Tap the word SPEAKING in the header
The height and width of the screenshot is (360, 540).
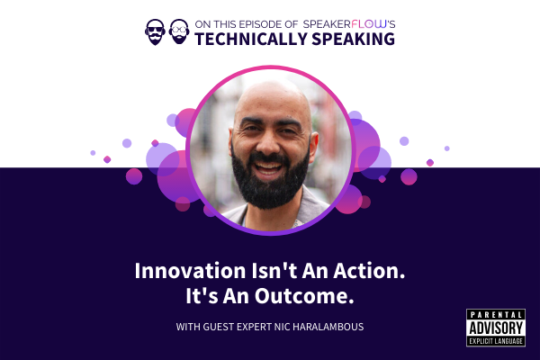point(354,39)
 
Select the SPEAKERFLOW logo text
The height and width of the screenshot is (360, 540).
point(345,24)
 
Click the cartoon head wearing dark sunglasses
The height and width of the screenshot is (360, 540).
point(155,32)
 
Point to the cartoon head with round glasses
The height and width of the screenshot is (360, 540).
point(179,31)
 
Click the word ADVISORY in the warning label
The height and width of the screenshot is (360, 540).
point(496,328)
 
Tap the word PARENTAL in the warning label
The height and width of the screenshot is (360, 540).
point(496,314)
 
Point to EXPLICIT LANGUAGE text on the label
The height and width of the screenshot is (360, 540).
point(496,341)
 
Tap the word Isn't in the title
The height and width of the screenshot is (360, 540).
point(274,271)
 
